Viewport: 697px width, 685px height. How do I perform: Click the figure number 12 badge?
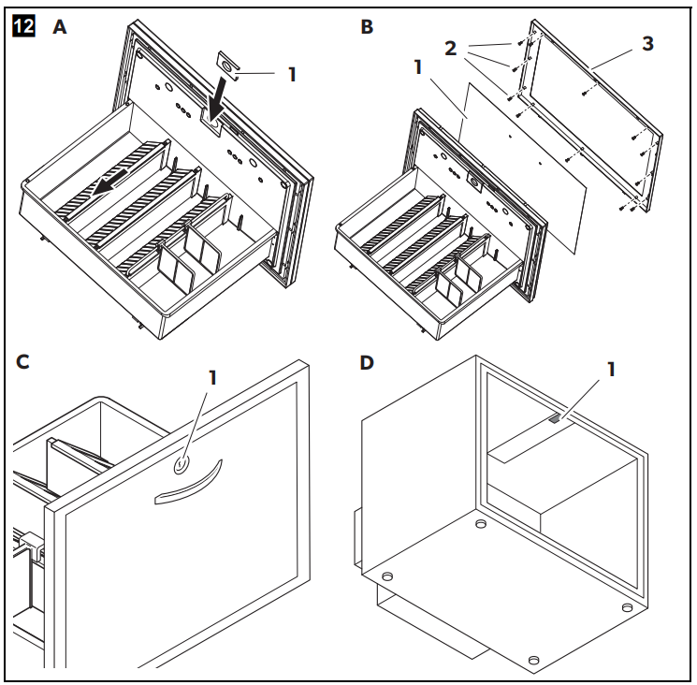22,27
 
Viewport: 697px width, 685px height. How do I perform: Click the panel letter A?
60,27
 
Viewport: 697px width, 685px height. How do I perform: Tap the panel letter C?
22,361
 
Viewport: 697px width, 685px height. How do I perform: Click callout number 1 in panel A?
291,74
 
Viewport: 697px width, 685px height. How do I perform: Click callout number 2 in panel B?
449,47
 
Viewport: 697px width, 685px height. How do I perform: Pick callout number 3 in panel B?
646,44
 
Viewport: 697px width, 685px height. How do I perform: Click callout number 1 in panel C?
211,377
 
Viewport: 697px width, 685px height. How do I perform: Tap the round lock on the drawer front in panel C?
182,462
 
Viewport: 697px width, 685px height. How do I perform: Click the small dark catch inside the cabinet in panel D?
556,420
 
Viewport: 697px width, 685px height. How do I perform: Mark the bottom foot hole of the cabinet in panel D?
533,661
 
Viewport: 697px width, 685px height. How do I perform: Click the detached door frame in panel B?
599,112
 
